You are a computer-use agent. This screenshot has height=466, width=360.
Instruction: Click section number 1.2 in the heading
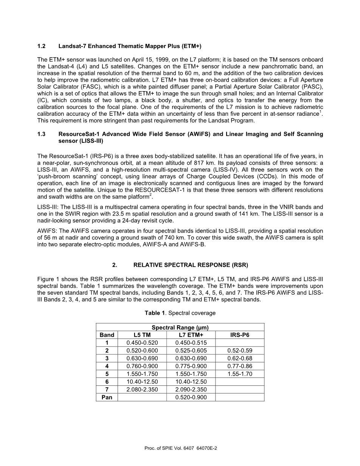pos(41,47)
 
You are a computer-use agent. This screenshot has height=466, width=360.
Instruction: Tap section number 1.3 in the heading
pos(41,134)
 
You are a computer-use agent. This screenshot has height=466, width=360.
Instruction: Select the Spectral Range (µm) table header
pos(180,328)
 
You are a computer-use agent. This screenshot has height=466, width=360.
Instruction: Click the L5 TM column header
pos(142,335)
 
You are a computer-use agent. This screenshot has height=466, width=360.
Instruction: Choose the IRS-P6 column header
pos(240,335)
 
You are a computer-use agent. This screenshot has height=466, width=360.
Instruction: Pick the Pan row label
pos(107,398)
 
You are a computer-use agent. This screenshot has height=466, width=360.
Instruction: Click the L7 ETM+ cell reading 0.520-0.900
pos(191,398)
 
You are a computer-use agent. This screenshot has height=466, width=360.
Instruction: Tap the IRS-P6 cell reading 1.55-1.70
pos(240,374)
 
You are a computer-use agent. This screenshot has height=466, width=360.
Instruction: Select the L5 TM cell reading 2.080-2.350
pos(142,390)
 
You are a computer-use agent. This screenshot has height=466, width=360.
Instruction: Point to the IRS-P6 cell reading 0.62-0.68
pos(240,358)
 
